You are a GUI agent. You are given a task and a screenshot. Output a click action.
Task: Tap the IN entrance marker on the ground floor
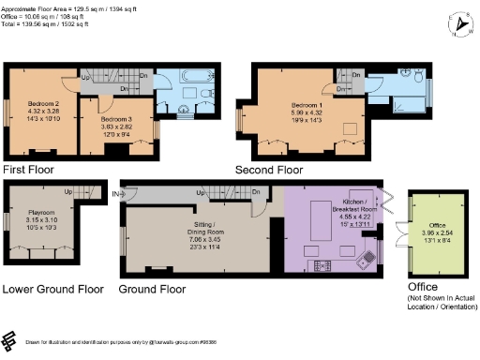pyautogui.click(x=117, y=193)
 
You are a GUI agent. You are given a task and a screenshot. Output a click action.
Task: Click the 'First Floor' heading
pyautogui.click(x=29, y=170)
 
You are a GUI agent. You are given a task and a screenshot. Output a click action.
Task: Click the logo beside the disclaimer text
pyautogui.click(x=10, y=339)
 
